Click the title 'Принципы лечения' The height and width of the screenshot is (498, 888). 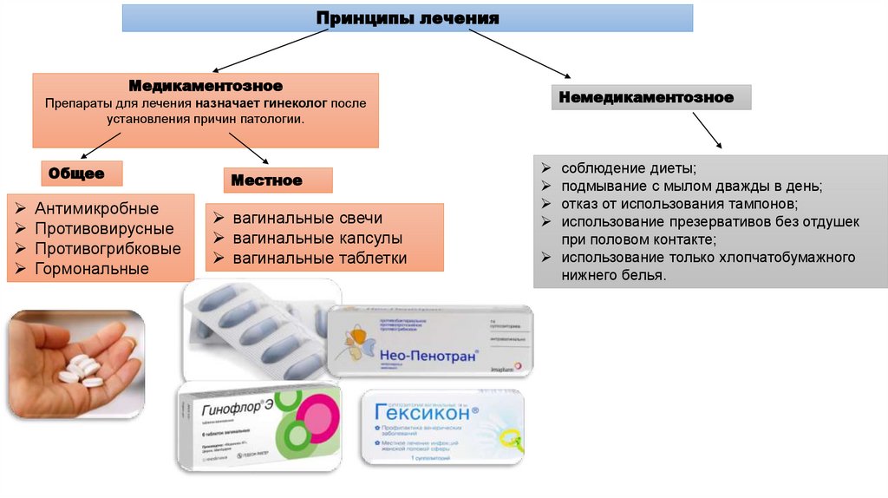(x=408, y=17)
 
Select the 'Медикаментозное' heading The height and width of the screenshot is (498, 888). (x=206, y=86)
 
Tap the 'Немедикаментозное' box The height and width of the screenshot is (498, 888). (x=647, y=97)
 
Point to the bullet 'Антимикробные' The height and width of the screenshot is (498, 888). (x=96, y=209)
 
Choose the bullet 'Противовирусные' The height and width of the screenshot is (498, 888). (x=104, y=229)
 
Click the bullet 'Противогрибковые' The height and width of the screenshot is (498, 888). (x=108, y=249)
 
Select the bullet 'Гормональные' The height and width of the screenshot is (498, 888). (x=92, y=269)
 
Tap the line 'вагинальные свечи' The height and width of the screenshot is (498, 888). (x=307, y=218)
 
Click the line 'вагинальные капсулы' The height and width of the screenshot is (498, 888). (x=317, y=238)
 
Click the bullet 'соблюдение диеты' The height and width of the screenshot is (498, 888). (x=628, y=167)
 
